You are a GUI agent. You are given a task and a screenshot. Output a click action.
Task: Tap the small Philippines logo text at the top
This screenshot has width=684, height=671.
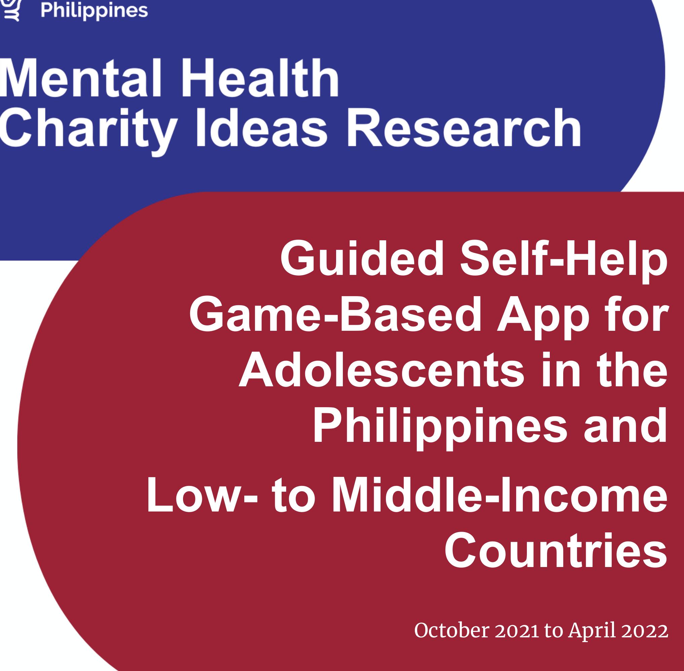click(94, 10)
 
